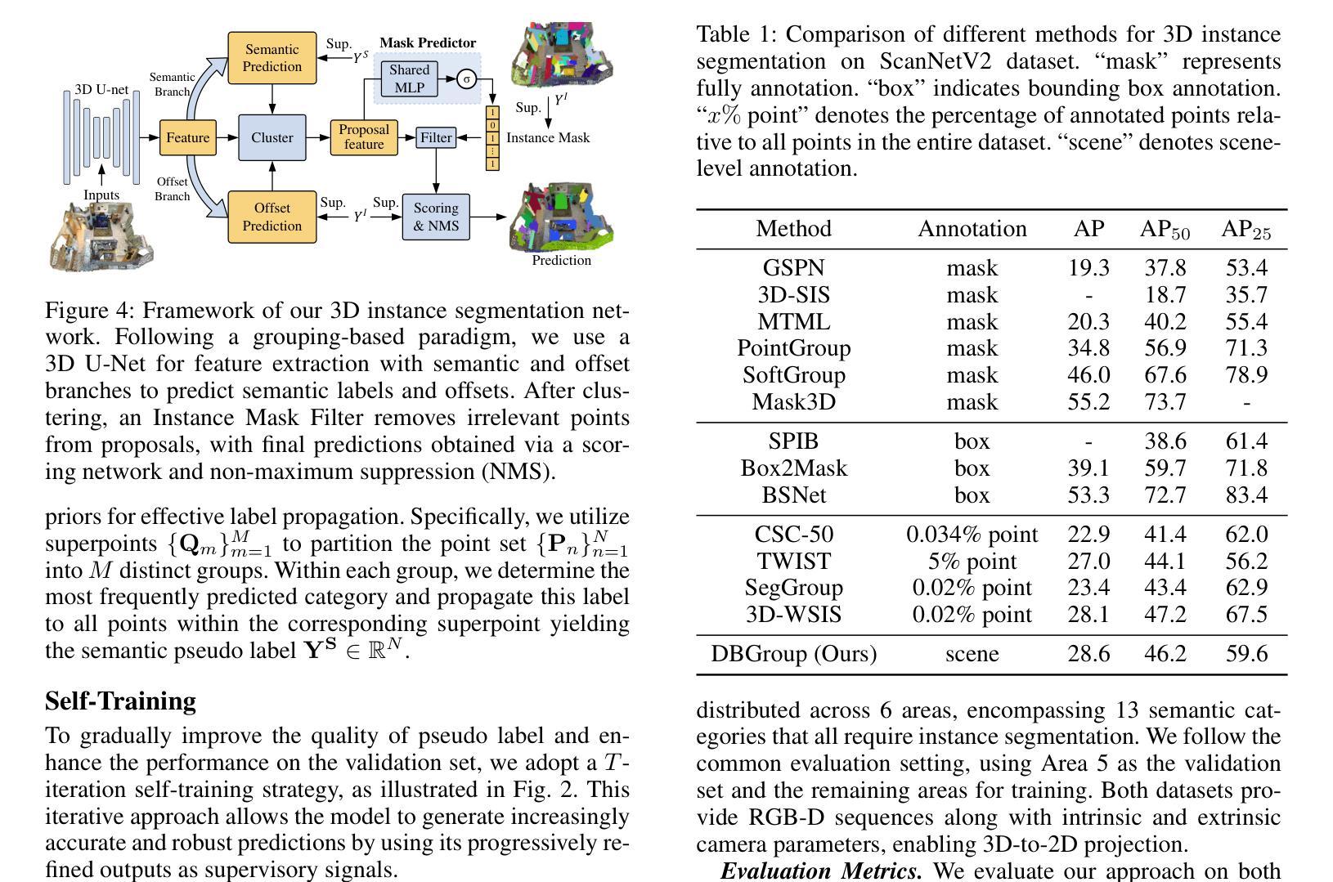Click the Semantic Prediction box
click(x=272, y=58)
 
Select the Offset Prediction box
click(x=272, y=217)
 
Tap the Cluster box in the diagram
click(x=272, y=137)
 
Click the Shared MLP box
click(x=410, y=78)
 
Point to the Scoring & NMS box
click(x=436, y=217)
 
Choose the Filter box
click(x=436, y=137)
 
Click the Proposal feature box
click(x=364, y=137)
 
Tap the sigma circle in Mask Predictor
click(x=466, y=79)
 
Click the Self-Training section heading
click(x=120, y=701)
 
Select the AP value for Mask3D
click(x=1088, y=401)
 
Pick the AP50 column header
click(x=1165, y=229)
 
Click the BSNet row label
click(x=793, y=495)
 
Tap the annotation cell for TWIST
click(x=972, y=561)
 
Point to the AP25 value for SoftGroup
click(x=1246, y=374)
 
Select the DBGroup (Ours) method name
click(x=793, y=654)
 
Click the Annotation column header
click(x=972, y=229)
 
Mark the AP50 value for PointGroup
click(x=1165, y=347)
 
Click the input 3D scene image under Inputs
click(x=101, y=237)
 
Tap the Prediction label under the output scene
click(x=561, y=261)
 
